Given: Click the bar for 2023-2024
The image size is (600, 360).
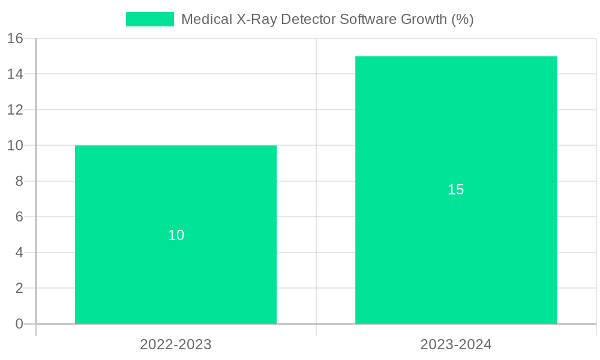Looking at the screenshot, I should tap(456, 252).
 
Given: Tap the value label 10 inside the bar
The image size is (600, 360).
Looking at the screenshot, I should tap(176, 235).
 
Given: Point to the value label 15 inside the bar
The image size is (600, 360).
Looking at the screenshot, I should tap(456, 190).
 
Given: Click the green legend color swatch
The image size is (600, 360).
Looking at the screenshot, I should tap(149, 19).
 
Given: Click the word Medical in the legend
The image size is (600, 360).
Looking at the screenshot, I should tap(202, 19).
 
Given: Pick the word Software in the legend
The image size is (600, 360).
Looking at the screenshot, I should tap(366, 19).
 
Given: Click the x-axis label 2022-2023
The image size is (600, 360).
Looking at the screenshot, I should tap(176, 344).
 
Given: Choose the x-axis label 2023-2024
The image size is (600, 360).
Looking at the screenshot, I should tap(456, 344).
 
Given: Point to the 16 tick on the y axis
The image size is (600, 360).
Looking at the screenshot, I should tap(15, 39).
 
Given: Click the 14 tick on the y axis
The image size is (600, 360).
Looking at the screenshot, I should tap(15, 74).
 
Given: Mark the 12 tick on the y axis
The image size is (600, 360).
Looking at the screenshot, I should tap(15, 110).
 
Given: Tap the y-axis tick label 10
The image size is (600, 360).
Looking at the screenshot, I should tap(15, 146).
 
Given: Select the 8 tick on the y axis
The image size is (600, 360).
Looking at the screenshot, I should tap(19, 181).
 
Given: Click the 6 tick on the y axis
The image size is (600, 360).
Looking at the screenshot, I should tap(19, 217).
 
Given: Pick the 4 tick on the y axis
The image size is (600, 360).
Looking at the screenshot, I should tap(19, 253).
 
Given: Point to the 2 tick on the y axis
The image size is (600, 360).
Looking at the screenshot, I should tap(19, 288).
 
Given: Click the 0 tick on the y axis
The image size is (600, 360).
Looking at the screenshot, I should tap(19, 324).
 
